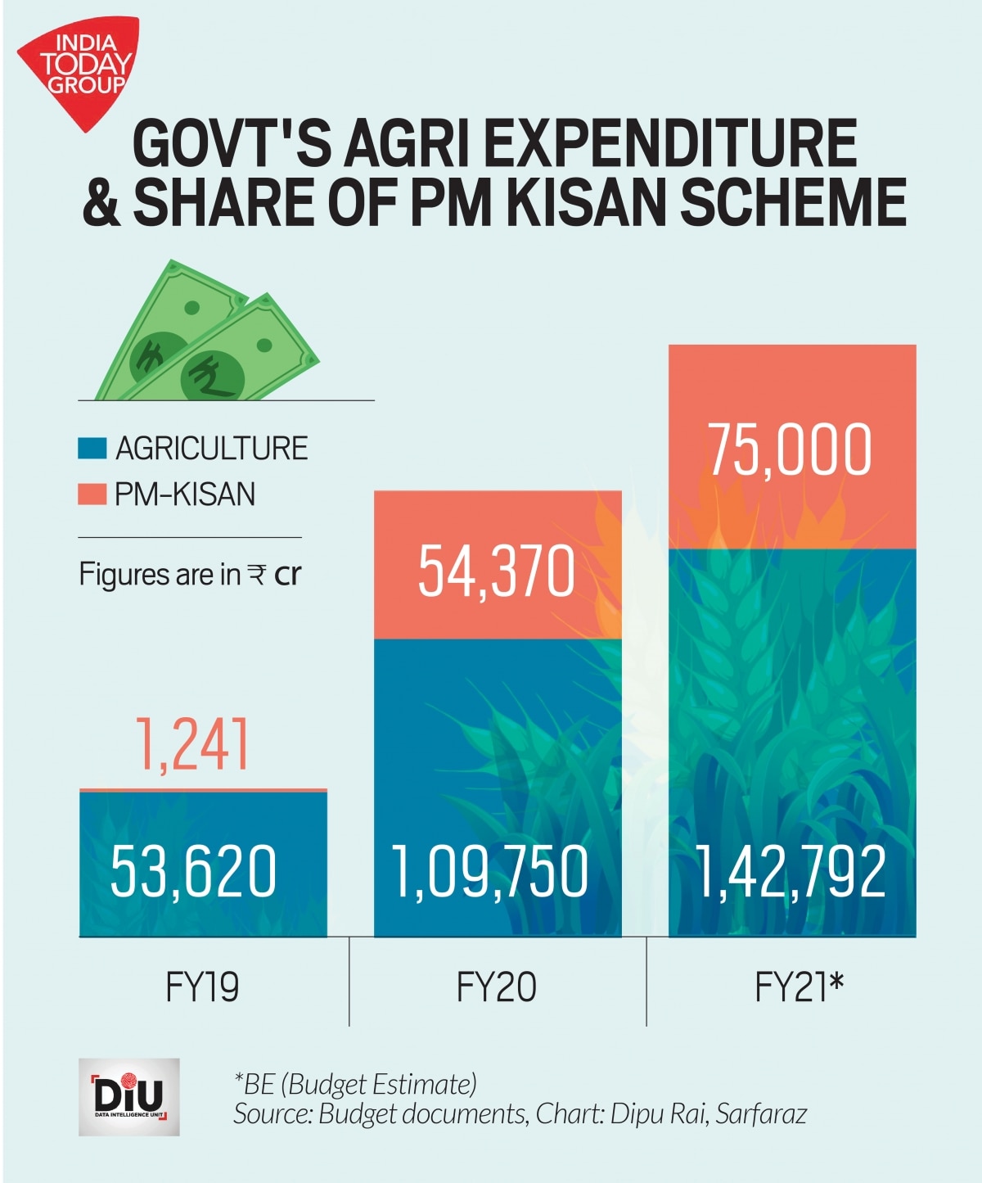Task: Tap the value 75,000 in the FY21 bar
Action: (790, 449)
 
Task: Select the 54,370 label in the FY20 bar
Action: (497, 571)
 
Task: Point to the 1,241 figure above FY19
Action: (193, 744)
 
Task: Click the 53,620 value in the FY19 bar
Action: (194, 870)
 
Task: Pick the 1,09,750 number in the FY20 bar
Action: (490, 872)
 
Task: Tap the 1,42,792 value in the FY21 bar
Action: (791, 872)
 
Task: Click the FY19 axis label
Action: (202, 987)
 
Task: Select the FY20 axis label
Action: (497, 987)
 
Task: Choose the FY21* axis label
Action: (798, 987)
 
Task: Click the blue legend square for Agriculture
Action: (92, 448)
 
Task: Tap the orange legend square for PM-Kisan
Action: (92, 494)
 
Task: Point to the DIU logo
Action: (129, 1097)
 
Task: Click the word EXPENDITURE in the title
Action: (671, 144)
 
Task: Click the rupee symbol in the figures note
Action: (257, 574)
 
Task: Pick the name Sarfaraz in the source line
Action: (761, 1114)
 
